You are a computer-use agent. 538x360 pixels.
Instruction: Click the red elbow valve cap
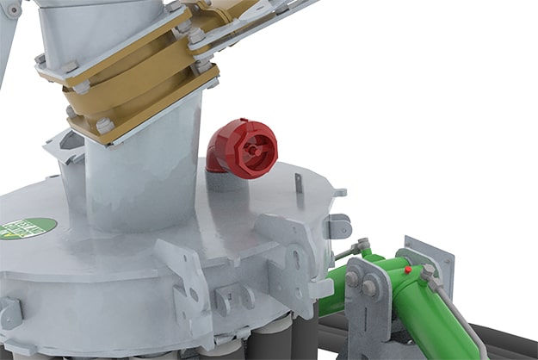(x=244, y=148)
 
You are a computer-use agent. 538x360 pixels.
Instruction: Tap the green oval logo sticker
(x=28, y=228)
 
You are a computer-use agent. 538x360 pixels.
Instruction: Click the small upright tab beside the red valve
(x=298, y=183)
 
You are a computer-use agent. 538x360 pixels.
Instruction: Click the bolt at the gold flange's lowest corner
(x=105, y=126)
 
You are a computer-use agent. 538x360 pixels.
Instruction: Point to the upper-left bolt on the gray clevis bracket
(x=352, y=278)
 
